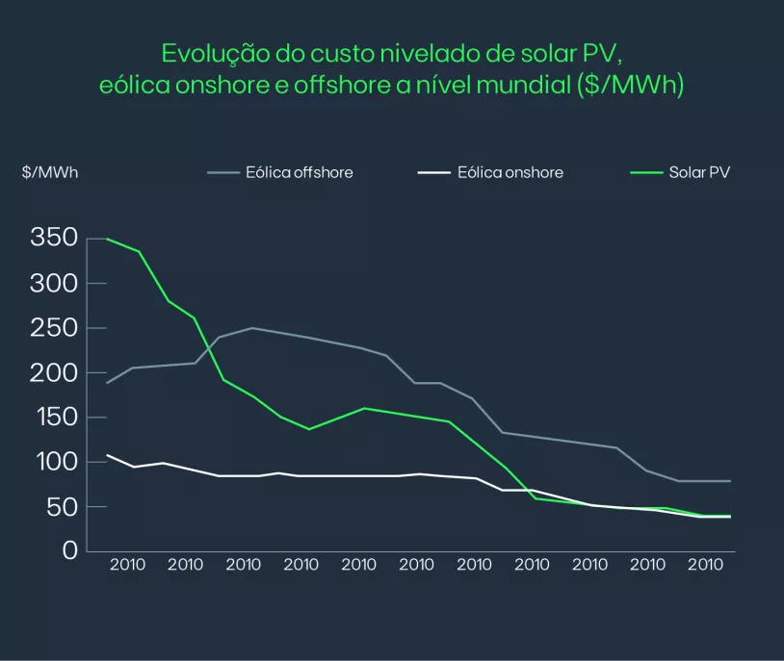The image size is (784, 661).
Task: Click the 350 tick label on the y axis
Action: click(x=53, y=239)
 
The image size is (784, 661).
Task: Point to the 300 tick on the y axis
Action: click(x=53, y=284)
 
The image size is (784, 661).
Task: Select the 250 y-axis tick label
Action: click(x=53, y=328)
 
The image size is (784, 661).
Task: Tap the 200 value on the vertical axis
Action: click(x=53, y=372)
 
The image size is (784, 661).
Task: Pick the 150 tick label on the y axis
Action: click(x=53, y=418)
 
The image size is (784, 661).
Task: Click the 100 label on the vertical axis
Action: click(x=53, y=462)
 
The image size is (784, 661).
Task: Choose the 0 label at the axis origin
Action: click(x=69, y=551)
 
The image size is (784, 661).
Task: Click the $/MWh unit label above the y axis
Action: click(x=50, y=173)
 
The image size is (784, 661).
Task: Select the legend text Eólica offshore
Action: click(x=299, y=173)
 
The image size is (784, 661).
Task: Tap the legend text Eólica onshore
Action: click(x=510, y=173)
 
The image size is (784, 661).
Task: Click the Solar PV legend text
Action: click(x=700, y=173)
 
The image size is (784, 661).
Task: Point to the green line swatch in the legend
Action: click(x=645, y=173)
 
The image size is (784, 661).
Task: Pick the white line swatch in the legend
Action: click(x=434, y=173)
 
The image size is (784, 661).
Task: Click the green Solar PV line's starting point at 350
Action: click(x=107, y=239)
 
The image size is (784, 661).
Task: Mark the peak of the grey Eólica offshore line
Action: click(x=252, y=328)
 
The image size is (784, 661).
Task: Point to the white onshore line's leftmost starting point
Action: click(x=107, y=455)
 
